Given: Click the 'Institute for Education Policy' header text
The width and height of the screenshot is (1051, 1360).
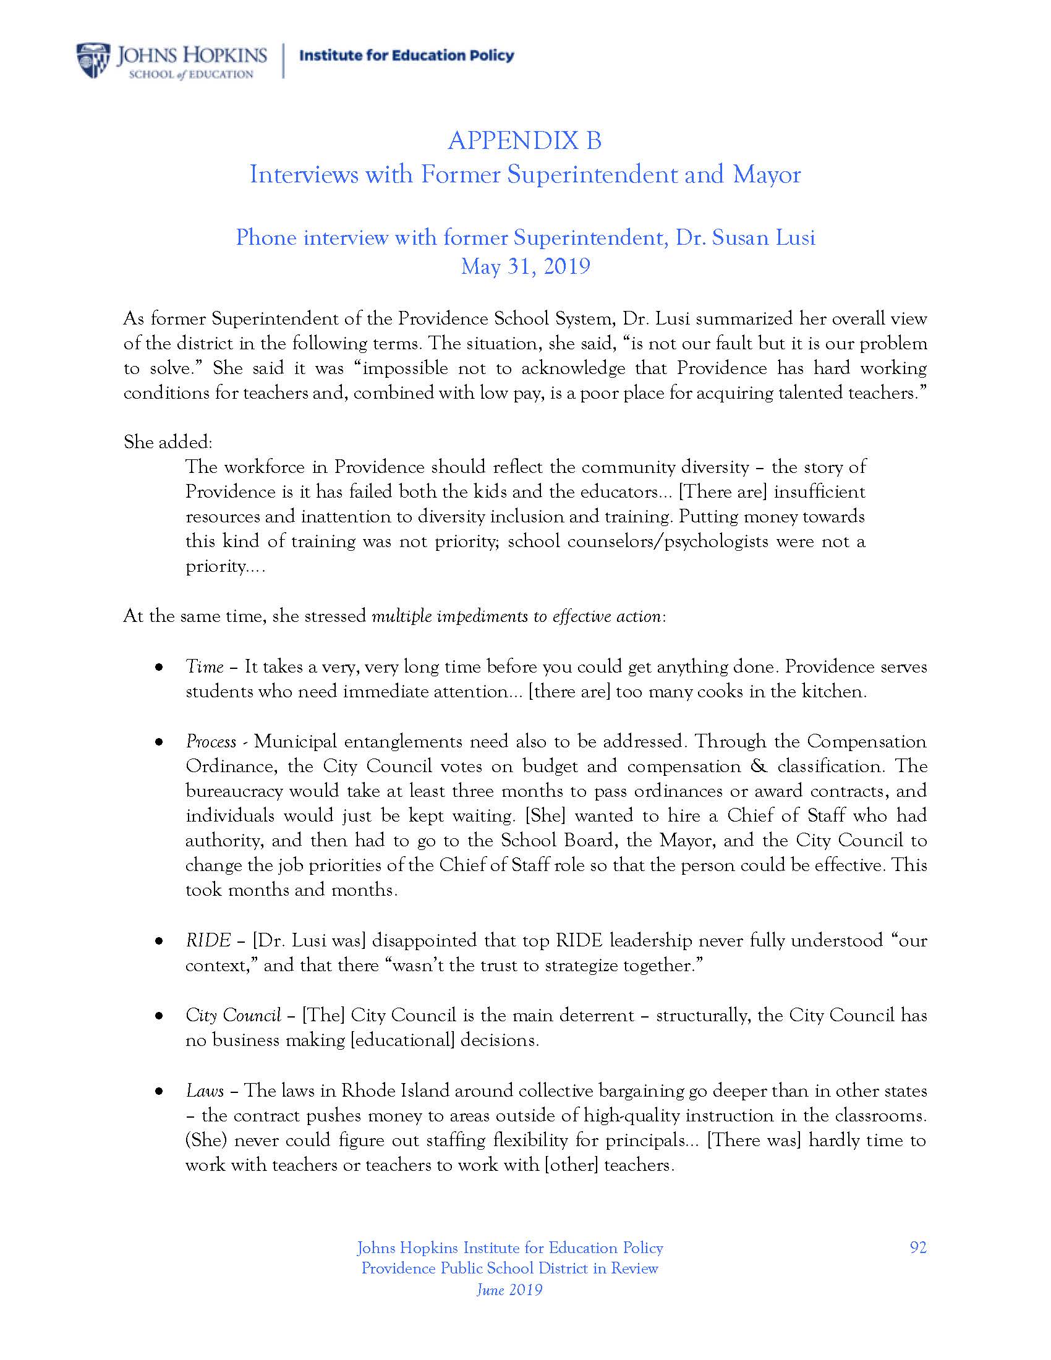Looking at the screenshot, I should [407, 56].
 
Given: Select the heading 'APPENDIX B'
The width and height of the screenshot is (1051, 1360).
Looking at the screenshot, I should [524, 141].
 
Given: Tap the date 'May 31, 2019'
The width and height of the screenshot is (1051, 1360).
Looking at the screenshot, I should [525, 266].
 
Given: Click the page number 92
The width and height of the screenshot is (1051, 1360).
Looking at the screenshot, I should [917, 1247].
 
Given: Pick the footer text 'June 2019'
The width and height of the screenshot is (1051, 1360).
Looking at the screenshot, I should [509, 1289].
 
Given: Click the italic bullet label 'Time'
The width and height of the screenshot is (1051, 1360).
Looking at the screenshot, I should [204, 667].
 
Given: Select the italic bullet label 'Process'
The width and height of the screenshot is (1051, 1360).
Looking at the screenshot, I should [210, 742].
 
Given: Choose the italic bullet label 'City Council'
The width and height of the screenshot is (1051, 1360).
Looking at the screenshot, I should [233, 1016].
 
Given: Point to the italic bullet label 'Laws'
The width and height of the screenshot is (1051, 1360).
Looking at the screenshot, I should [204, 1090].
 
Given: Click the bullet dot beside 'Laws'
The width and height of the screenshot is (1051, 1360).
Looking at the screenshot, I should [160, 1091].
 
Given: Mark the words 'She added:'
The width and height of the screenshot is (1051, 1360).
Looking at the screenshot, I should [168, 442].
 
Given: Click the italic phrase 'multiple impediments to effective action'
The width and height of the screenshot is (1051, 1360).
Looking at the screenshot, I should [516, 616].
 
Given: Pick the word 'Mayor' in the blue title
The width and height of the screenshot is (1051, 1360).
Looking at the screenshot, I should [767, 175].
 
